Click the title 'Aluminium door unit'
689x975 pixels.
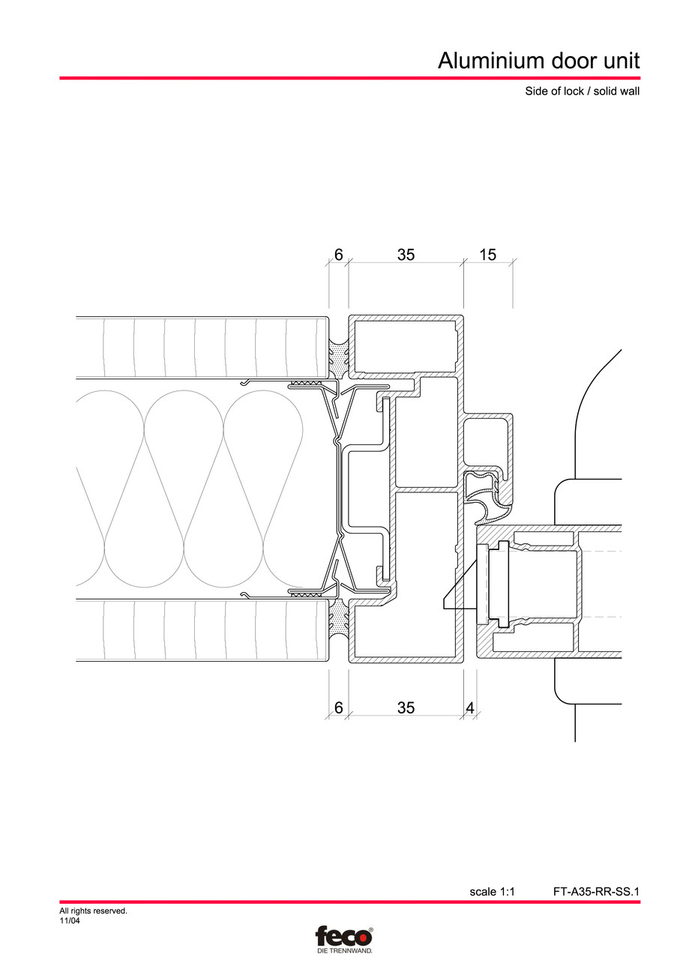click(x=538, y=61)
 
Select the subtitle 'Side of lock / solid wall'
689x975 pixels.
click(x=582, y=91)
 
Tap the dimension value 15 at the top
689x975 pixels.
click(x=487, y=255)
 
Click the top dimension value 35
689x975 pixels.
click(x=406, y=255)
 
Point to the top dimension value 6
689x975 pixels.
click(x=338, y=255)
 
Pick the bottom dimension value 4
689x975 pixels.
click(x=470, y=707)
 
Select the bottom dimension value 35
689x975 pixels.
click(x=406, y=707)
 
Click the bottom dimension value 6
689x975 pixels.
click(x=338, y=707)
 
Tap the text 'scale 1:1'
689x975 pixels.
click(x=492, y=892)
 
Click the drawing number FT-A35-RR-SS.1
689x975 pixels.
click(x=596, y=892)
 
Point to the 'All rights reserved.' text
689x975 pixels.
click(x=93, y=911)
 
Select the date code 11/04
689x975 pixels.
click(x=69, y=921)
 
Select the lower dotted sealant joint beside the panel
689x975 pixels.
click(x=339, y=619)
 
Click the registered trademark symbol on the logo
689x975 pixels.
click(x=370, y=929)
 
